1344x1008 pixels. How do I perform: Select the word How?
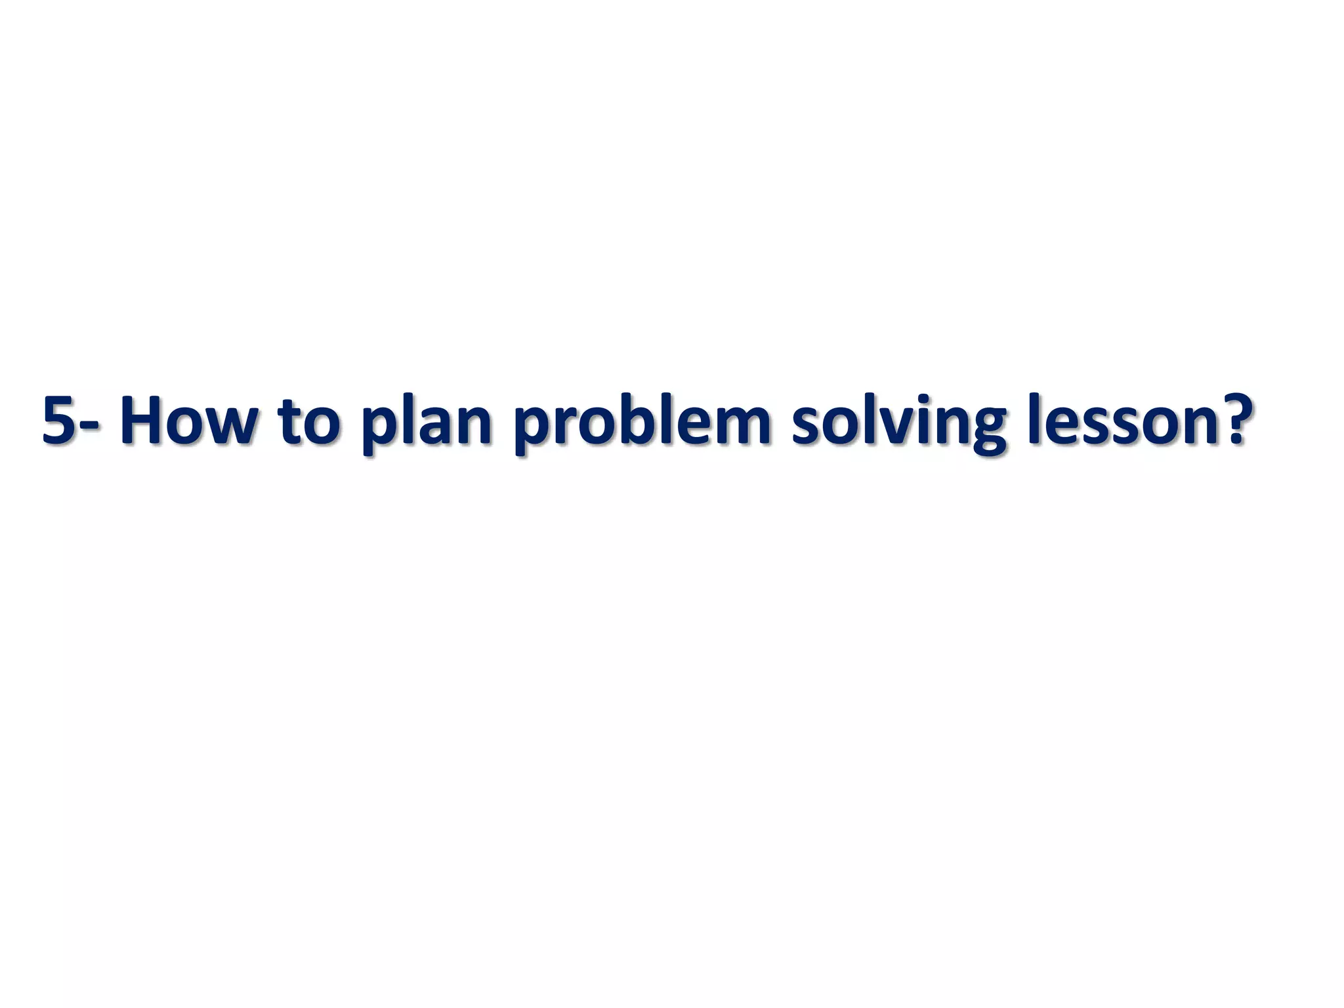tap(186, 420)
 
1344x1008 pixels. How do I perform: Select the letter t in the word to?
tap(289, 420)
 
